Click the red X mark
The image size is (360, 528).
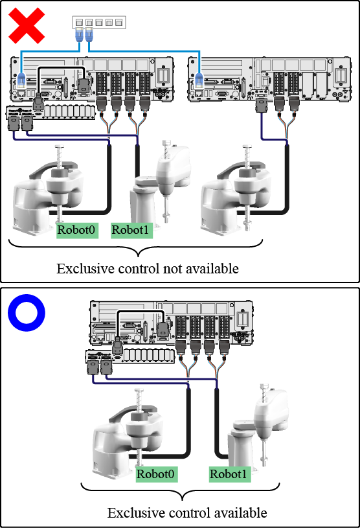click(x=27, y=26)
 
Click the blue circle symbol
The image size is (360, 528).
click(x=27, y=313)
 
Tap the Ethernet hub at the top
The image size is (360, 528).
click(x=99, y=22)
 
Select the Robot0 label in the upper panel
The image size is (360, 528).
click(x=77, y=231)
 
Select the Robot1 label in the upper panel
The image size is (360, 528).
click(x=131, y=231)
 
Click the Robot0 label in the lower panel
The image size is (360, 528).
click(x=157, y=474)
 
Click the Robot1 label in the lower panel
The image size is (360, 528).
click(x=230, y=474)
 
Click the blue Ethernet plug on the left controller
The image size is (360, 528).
click(x=21, y=80)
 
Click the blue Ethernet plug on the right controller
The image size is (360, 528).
click(x=199, y=80)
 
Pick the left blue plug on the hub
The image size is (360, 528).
click(x=79, y=35)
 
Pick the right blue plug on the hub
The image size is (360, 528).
click(x=89, y=35)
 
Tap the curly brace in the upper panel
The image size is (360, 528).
click(x=136, y=248)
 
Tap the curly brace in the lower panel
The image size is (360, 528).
click(x=181, y=492)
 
